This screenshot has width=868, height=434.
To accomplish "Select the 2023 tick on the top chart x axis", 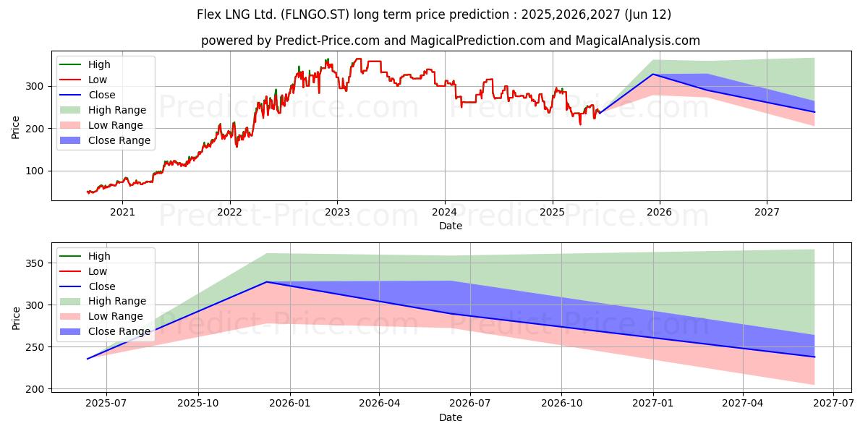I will click(x=337, y=212).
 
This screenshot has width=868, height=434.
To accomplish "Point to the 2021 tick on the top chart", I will click(x=122, y=212).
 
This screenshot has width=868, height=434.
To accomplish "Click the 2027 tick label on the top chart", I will click(x=767, y=212).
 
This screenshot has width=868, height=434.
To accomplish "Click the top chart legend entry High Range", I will click(x=117, y=110).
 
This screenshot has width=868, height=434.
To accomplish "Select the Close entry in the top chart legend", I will click(x=102, y=95).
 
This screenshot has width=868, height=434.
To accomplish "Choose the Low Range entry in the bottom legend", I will click(x=116, y=316).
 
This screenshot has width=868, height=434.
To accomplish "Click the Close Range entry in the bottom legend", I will click(x=119, y=331).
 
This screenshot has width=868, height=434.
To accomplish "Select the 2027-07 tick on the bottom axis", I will click(x=833, y=404).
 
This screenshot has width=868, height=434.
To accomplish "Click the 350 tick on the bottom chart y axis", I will click(x=35, y=263).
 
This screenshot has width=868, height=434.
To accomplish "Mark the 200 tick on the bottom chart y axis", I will click(x=35, y=389).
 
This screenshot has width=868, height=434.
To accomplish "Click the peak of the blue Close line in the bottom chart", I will click(x=268, y=282).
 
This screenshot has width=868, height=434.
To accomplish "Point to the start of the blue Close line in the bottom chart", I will click(x=88, y=359).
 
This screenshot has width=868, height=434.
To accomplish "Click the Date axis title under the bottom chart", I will click(x=451, y=417).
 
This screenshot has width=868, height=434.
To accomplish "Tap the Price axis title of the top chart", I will click(x=16, y=127).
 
